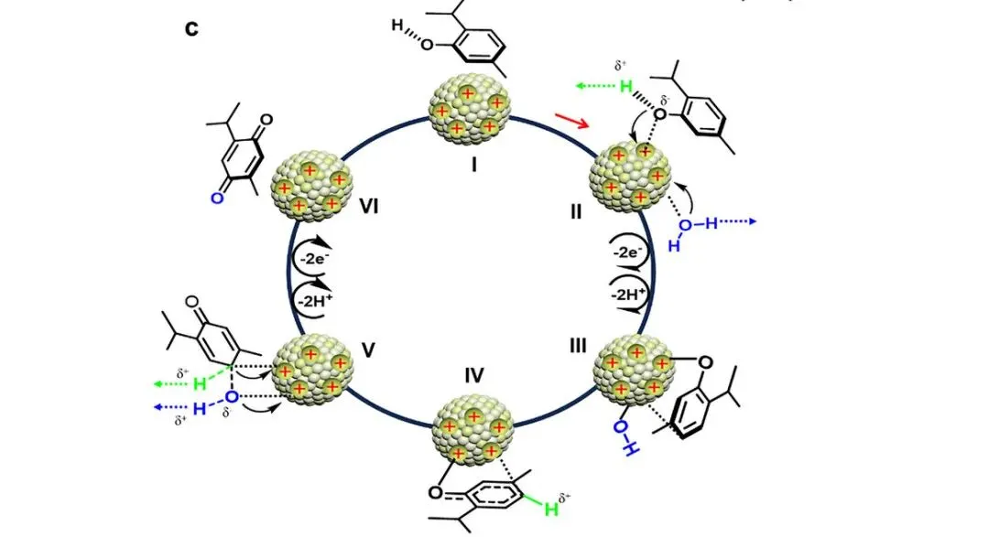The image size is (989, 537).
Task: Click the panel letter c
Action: pos(191,29)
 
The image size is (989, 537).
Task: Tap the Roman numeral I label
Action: pos(473,166)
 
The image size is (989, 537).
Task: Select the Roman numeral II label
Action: pos(575,211)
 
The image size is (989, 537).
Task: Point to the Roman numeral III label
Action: pos(578,346)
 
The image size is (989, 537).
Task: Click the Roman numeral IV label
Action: pos(473,376)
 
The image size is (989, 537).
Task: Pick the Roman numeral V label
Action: pos(368,349)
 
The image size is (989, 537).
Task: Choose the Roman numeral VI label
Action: pos(368,206)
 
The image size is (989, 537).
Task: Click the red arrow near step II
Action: pos(572,121)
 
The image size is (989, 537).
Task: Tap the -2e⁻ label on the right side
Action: pos(628,252)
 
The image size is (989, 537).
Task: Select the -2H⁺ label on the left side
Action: pos(315,301)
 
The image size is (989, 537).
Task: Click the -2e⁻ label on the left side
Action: pos(314,258)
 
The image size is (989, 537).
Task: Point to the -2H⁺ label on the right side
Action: pos(628,294)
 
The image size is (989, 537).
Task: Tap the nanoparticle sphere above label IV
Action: pos(473,431)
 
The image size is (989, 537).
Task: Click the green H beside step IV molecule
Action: pos(551,509)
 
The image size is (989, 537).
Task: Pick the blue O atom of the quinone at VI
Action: pos(217,199)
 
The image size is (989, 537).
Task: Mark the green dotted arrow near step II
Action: pos(594,85)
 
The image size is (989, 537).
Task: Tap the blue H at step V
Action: pos(200,409)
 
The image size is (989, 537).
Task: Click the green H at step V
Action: pos(200,383)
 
